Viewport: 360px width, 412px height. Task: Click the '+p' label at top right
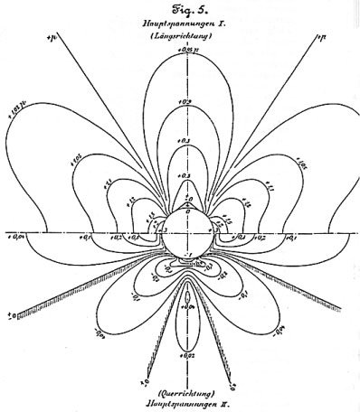click(320, 37)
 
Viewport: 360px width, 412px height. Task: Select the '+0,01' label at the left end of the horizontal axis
click(16, 239)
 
